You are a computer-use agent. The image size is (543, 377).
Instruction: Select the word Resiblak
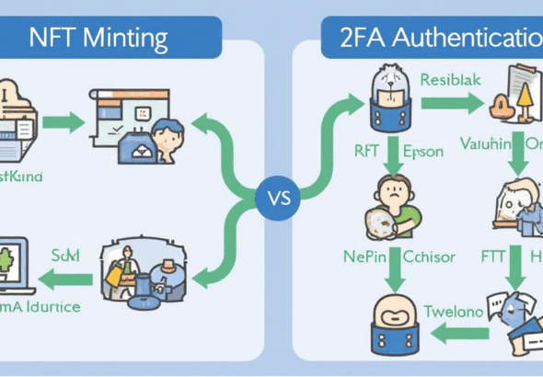click(451, 79)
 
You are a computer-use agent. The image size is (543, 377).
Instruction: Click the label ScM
click(64, 254)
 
